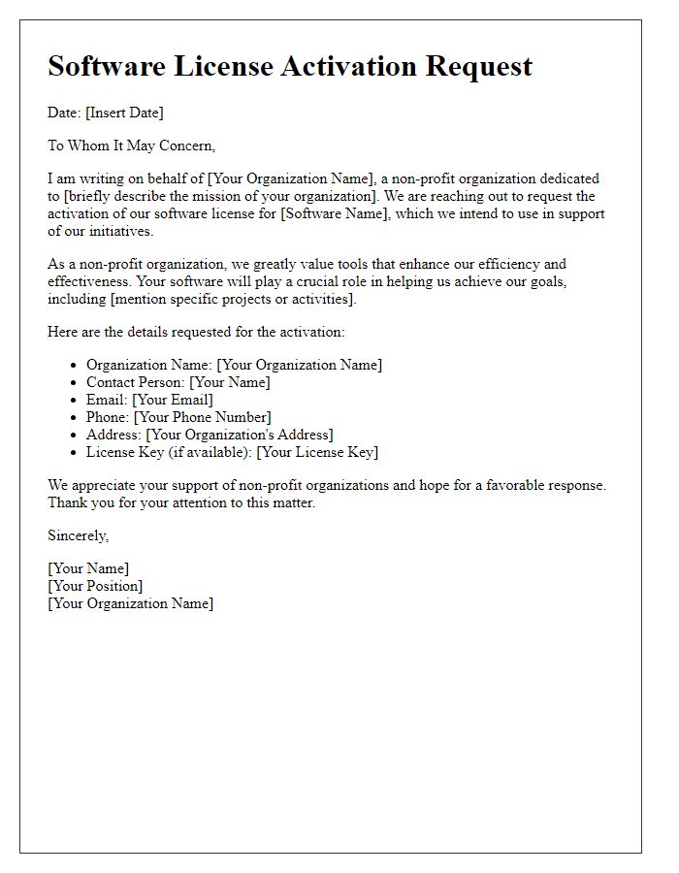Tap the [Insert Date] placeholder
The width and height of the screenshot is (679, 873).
click(124, 113)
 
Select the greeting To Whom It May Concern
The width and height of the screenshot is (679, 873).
click(131, 145)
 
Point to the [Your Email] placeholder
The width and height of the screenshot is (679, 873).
click(173, 400)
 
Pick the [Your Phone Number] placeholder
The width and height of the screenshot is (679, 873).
click(202, 417)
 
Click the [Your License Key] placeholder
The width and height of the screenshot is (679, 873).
click(317, 452)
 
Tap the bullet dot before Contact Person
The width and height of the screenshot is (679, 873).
click(75, 382)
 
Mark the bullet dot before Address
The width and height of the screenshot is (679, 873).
click(75, 435)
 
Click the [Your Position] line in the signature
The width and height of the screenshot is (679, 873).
click(95, 586)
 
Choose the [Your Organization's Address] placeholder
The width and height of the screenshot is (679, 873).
click(239, 435)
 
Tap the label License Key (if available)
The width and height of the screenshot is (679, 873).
click(169, 452)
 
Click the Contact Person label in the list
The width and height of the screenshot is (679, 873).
click(135, 382)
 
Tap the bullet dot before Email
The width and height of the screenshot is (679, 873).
click(75, 400)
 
